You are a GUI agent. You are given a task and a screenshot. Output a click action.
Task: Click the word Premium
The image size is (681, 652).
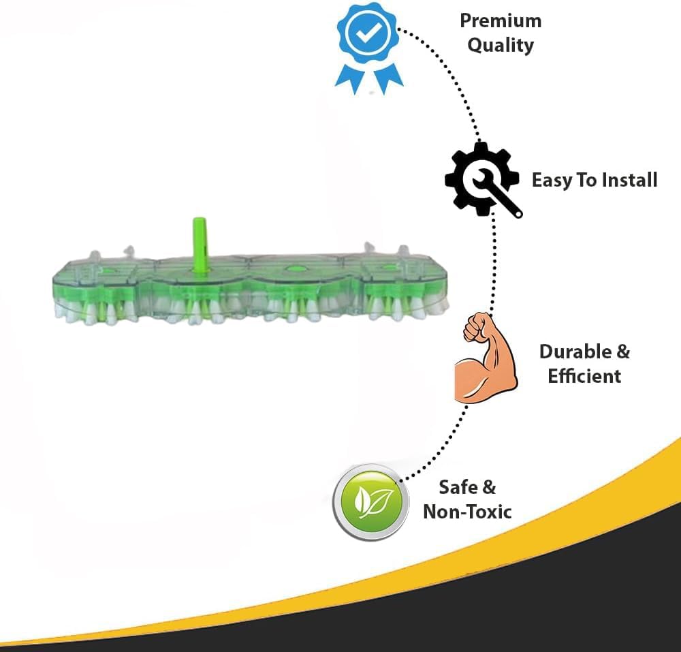[501, 20]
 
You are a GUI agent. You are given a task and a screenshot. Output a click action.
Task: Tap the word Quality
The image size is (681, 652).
[501, 46]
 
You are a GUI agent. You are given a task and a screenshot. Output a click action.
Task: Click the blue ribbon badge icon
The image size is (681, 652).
[368, 44]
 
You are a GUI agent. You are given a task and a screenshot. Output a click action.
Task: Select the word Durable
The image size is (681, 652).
[575, 352]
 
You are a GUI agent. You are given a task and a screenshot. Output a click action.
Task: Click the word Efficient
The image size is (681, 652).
[584, 376]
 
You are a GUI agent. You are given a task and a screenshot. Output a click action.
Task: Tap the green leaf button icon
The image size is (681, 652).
[371, 502]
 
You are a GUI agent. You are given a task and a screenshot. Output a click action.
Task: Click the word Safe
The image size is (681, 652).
[458, 487]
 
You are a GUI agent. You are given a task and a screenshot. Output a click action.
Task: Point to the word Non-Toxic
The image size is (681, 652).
[467, 512]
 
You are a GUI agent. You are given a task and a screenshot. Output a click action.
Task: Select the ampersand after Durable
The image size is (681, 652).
[623, 352]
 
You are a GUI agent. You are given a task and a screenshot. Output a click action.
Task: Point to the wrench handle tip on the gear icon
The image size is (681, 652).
[518, 214]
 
